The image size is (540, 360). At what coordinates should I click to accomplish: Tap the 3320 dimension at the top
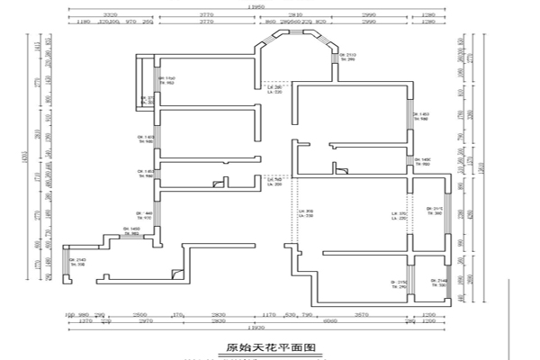[x=112, y=14]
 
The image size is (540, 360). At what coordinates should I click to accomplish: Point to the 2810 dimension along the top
[x=293, y=14]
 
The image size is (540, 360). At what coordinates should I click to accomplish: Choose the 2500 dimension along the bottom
[x=140, y=313]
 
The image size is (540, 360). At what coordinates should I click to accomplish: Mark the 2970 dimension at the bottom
[x=148, y=320]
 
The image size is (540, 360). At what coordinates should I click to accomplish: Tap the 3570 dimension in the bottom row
[x=361, y=313]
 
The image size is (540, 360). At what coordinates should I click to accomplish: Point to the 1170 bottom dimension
[x=268, y=313]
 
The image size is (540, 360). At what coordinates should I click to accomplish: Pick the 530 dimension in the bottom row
[x=290, y=313]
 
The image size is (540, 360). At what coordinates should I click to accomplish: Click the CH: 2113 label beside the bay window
[x=348, y=58]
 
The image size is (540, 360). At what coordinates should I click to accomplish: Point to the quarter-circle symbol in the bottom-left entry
[x=180, y=273]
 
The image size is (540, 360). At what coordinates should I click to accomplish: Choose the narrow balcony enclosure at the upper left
[x=145, y=81]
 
